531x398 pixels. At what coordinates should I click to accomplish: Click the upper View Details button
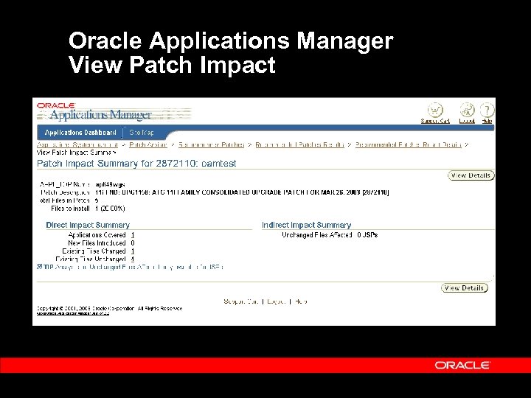click(x=471, y=175)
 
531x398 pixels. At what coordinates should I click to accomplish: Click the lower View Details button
click(x=465, y=288)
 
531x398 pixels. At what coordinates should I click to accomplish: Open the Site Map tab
click(x=142, y=132)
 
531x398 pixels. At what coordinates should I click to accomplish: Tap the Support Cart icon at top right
click(x=435, y=111)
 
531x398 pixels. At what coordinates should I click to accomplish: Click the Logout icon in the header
click(x=467, y=111)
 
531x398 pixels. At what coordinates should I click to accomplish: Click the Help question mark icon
click(x=487, y=111)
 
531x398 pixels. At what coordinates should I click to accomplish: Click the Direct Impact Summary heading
click(x=88, y=225)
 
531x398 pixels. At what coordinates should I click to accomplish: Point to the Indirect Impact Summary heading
click(x=306, y=225)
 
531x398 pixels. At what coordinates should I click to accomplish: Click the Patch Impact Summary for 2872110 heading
click(x=136, y=164)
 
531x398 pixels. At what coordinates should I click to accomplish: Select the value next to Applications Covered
click(x=133, y=235)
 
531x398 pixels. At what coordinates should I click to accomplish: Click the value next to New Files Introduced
click(x=133, y=243)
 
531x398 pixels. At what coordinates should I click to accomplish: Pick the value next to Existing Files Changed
click(x=133, y=251)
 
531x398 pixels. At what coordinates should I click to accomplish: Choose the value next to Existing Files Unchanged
click(x=133, y=259)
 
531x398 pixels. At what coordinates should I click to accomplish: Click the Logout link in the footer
click(x=277, y=301)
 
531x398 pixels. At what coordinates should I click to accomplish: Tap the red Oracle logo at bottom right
click(x=462, y=365)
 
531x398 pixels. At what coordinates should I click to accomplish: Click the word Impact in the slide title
click(x=237, y=65)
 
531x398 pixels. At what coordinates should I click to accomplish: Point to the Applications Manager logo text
click(x=100, y=115)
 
